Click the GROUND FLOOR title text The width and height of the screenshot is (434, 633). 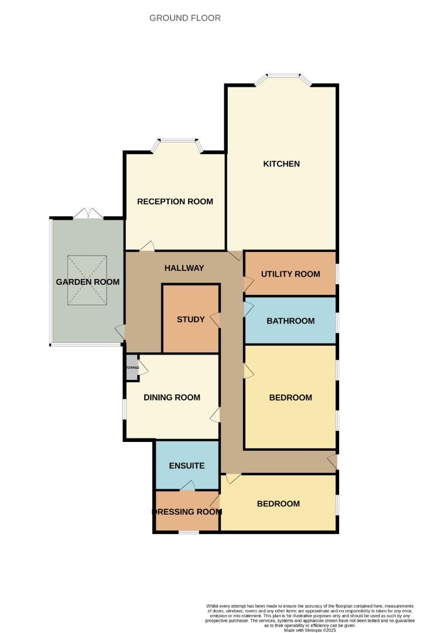(x=185, y=18)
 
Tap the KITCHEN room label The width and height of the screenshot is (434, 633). (x=281, y=164)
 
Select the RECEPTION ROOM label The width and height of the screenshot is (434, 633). (x=175, y=202)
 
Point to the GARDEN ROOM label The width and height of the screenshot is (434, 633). (x=88, y=282)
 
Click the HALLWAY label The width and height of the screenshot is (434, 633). (x=184, y=268)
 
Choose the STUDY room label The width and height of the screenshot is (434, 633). (x=191, y=319)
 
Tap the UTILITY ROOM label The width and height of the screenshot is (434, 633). (x=291, y=274)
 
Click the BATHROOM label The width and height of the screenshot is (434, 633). (x=291, y=321)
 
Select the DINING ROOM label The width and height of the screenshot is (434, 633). (x=172, y=397)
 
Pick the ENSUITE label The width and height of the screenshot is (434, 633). (x=187, y=466)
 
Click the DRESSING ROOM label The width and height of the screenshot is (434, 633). (x=187, y=511)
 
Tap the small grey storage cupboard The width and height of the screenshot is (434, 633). (x=132, y=367)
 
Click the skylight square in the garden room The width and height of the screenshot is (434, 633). (x=87, y=280)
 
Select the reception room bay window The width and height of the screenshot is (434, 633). (x=178, y=141)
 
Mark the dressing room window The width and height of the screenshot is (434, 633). (x=188, y=532)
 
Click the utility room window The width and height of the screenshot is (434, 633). (x=337, y=274)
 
